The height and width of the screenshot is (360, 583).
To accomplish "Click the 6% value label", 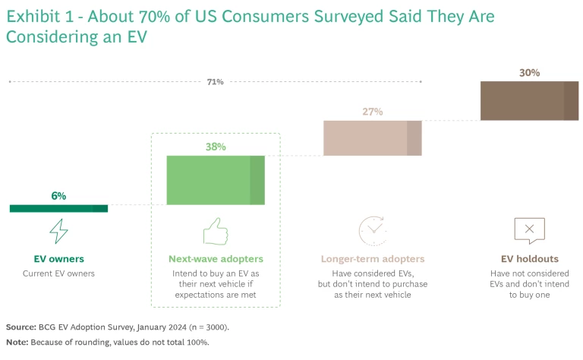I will (58, 196).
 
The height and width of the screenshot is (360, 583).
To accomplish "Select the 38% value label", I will (216, 147).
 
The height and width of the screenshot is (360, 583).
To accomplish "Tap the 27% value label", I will (372, 112).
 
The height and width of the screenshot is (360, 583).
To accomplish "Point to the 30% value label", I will (529, 73).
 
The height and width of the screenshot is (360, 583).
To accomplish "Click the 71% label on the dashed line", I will (215, 82).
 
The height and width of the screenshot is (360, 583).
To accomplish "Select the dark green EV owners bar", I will (58, 208).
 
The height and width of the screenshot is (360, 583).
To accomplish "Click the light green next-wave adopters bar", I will (216, 180).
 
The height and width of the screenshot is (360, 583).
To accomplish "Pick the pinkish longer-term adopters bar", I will (372, 137).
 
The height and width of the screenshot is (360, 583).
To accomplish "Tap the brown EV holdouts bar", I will (529, 102).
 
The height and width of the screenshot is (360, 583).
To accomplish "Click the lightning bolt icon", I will (58, 230).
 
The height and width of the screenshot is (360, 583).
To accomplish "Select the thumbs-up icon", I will (216, 230).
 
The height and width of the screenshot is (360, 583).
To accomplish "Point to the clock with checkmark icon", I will (372, 230).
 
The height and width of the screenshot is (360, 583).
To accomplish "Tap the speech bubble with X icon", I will (529, 229).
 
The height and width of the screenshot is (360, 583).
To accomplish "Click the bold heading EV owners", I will (58, 259).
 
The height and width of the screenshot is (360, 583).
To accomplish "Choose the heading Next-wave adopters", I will (216, 259).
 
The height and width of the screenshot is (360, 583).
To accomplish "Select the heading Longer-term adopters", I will (372, 259).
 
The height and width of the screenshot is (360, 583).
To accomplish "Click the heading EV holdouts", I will (529, 259).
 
